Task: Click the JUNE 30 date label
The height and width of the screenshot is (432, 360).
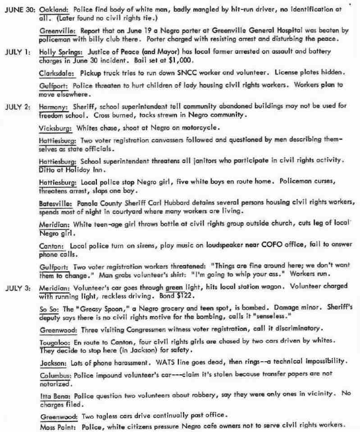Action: (x=19, y=9)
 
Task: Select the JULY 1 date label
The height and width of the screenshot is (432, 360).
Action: (x=18, y=52)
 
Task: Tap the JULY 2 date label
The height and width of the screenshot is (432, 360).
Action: (x=18, y=107)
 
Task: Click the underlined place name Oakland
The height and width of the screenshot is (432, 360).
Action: (x=54, y=9)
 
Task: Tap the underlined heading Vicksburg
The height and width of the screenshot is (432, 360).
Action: (x=55, y=128)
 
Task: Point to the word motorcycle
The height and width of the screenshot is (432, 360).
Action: (x=200, y=128)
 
